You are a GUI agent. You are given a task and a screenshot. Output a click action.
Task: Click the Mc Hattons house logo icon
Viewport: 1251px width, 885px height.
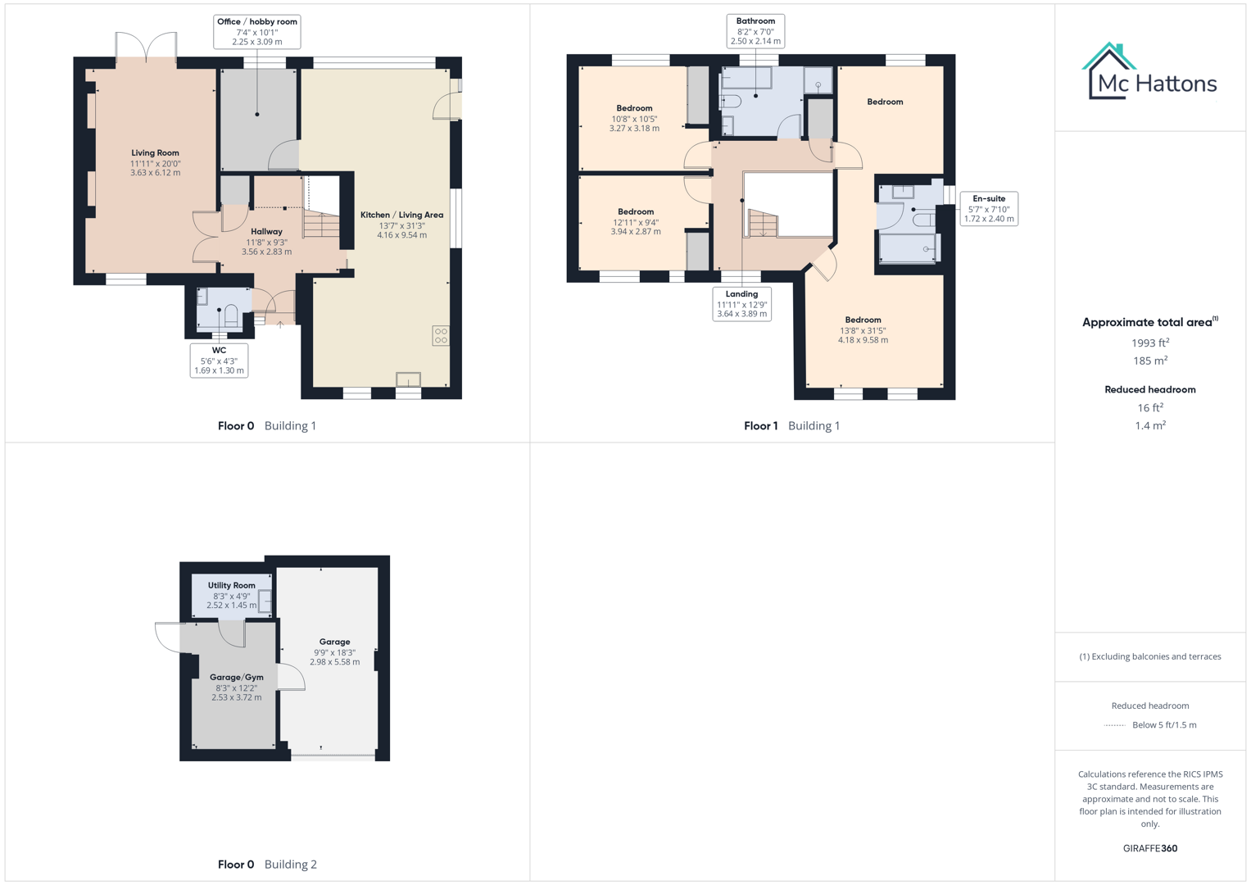(x=1108, y=70)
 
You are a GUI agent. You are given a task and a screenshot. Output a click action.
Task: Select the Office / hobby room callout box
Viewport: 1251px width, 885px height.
(x=256, y=32)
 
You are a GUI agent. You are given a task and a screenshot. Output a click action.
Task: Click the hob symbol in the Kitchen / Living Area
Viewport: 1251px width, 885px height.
(x=441, y=335)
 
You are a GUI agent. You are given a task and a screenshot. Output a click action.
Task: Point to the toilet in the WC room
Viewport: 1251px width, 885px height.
(x=232, y=315)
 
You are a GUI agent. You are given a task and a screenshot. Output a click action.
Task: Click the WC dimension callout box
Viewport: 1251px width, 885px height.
(x=219, y=361)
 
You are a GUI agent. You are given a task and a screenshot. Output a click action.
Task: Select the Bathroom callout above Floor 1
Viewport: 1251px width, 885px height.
(x=755, y=31)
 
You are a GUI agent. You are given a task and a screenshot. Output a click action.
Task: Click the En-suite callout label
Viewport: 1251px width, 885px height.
(x=989, y=209)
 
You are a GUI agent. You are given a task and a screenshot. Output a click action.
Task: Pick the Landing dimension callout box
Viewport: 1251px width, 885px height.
(x=741, y=304)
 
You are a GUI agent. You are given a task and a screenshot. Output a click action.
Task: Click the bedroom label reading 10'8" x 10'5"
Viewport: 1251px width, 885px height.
(x=634, y=118)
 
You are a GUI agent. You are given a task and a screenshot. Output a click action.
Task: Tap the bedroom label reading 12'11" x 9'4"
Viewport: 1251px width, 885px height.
(x=636, y=221)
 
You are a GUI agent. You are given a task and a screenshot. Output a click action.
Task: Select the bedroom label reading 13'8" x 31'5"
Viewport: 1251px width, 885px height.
(x=863, y=330)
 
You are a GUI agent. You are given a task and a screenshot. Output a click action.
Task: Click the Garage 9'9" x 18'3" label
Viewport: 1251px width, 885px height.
(x=334, y=651)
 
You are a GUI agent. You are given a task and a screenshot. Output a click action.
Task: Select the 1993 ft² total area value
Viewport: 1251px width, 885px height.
(x=1149, y=343)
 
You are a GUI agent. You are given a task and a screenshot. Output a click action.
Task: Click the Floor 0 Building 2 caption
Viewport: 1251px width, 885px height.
(x=267, y=865)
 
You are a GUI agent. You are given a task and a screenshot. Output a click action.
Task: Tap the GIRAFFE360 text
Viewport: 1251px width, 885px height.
(x=1149, y=848)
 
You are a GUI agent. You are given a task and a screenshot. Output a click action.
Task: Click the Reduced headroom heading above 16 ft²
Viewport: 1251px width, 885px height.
(x=1149, y=390)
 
